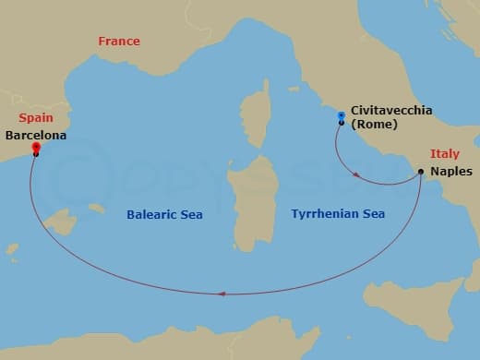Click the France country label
pyautogui.click(x=119, y=42)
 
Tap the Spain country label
pyautogui.click(x=35, y=118)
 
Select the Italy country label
pyautogui.click(x=445, y=154)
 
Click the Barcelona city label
pyautogui.click(x=36, y=135)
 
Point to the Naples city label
pyautogui.click(x=451, y=172)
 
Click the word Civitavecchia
pyautogui.click(x=391, y=111)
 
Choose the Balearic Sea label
pyautogui.click(x=164, y=214)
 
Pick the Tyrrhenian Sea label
pyautogui.click(x=338, y=214)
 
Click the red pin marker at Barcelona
pyautogui.click(x=35, y=147)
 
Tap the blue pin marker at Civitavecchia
pyautogui.click(x=342, y=116)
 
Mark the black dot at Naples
pyautogui.click(x=421, y=172)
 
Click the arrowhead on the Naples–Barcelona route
pyautogui.click(x=221, y=294)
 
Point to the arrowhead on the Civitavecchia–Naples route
pyautogui.click(x=359, y=175)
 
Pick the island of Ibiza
pyautogui.click(x=12, y=249)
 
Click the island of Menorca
pyautogui.click(x=97, y=209)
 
